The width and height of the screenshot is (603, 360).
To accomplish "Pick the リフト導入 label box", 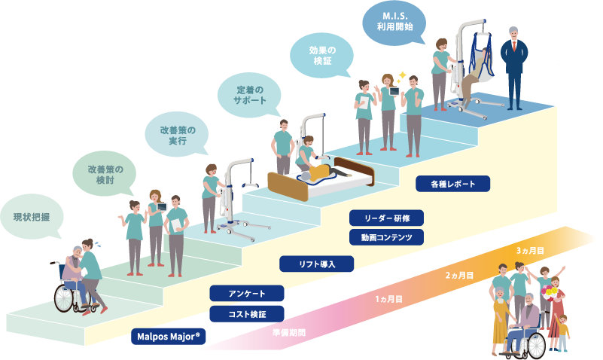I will (317, 264).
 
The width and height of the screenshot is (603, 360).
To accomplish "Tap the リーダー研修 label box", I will (388, 218).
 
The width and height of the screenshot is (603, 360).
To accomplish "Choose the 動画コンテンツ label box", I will (388, 238).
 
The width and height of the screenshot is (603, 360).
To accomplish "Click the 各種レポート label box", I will (454, 183).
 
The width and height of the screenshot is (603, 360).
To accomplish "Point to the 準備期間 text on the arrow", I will (289, 331).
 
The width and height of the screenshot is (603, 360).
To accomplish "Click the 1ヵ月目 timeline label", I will (388, 299).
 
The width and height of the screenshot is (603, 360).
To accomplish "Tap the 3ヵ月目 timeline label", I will (530, 249).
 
